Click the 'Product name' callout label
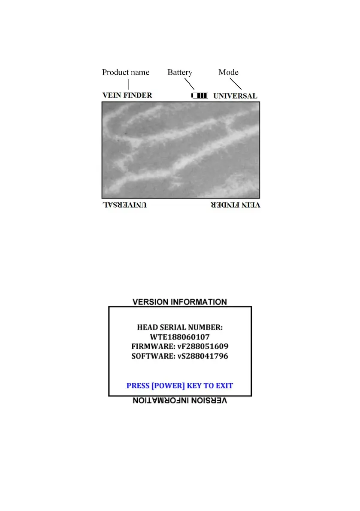pos(125,72)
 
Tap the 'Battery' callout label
pos(179,72)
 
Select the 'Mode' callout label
pos(228,72)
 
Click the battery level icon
pos(200,96)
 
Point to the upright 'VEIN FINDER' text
pos(127,95)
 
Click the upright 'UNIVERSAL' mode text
pos(235,96)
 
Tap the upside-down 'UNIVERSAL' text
pos(124,205)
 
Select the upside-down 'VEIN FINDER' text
pos(235,205)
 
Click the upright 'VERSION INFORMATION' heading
pos(179,302)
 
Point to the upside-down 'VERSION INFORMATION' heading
pos(179,401)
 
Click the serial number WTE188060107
pos(180,337)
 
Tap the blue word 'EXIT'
pos(224,385)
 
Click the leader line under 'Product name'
pos(128,84)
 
